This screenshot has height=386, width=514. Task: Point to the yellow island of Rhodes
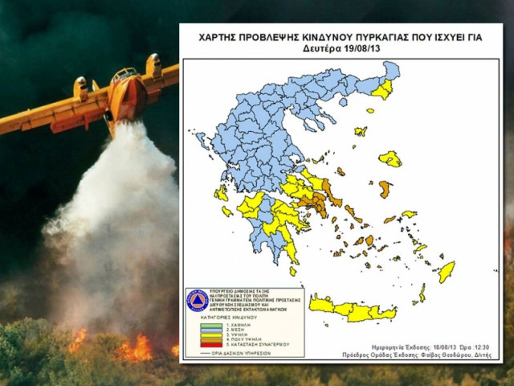[x=447, y=271]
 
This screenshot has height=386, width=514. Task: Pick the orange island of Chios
[x=385, y=190]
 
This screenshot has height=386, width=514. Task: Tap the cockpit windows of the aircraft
[x=124, y=74]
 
